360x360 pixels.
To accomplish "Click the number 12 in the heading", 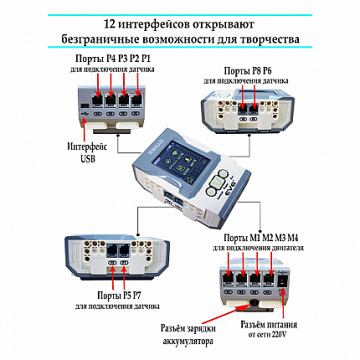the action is pyautogui.click(x=109, y=24).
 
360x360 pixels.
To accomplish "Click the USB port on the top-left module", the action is pyautogui.click(x=85, y=106).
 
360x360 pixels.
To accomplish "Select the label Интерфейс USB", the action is pyautogui.click(x=87, y=152).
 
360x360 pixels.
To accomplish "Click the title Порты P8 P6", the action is pyautogui.click(x=248, y=71).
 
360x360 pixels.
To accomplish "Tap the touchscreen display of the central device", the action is pyautogui.click(x=180, y=164).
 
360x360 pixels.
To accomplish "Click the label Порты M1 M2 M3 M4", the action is pyautogui.click(x=261, y=238).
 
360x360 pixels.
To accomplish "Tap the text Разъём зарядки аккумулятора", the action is pyautogui.click(x=188, y=335).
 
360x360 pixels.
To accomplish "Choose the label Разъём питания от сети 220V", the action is pyautogui.click(x=269, y=330).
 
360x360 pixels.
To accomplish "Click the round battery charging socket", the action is pyautogui.click(x=254, y=303).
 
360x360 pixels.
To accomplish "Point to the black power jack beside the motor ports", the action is pyautogui.click(x=282, y=280).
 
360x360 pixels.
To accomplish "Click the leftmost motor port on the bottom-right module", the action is pyautogui.click(x=228, y=280).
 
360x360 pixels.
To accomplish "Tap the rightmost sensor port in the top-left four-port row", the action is pyautogui.click(x=136, y=101).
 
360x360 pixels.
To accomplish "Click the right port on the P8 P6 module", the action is pyautogui.click(x=254, y=109).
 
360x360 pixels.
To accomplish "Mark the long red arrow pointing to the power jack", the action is pyautogui.click(x=283, y=304).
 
